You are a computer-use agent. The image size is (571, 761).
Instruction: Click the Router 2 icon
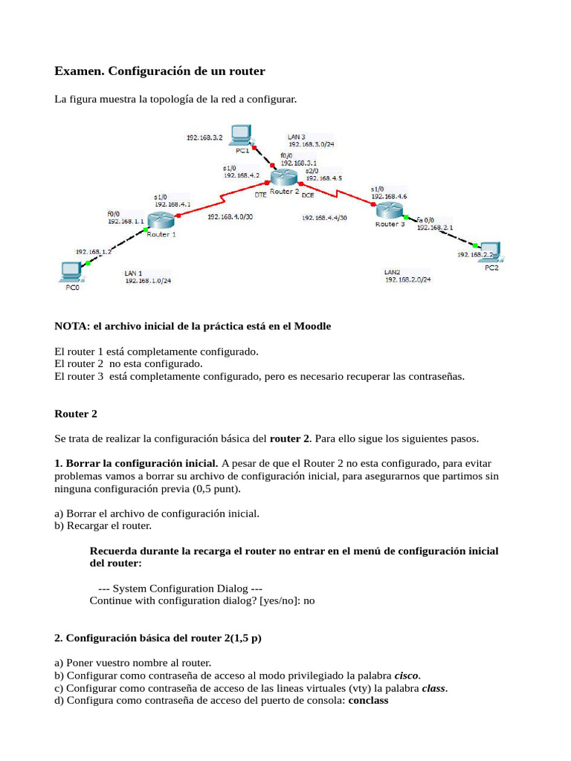coord(283,177)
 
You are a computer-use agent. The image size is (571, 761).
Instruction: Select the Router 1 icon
coord(160,220)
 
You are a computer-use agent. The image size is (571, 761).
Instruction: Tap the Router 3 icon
coord(388,210)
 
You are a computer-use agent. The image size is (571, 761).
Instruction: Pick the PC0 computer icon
coord(71,272)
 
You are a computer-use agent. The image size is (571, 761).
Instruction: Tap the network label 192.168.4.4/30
coord(324,218)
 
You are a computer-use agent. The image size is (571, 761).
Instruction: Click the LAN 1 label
coord(134,273)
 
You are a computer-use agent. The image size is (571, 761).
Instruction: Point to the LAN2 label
coord(393,272)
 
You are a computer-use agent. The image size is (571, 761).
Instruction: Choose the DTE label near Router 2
coord(261,195)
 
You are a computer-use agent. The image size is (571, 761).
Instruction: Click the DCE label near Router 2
coord(308,195)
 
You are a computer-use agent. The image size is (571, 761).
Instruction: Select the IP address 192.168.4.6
coord(389,197)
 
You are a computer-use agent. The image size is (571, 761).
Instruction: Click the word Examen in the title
coord(80,71)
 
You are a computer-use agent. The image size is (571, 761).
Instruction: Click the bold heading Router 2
coord(76,413)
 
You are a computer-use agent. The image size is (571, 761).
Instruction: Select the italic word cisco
coord(407,676)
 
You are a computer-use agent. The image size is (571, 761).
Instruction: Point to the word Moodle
coord(313,326)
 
